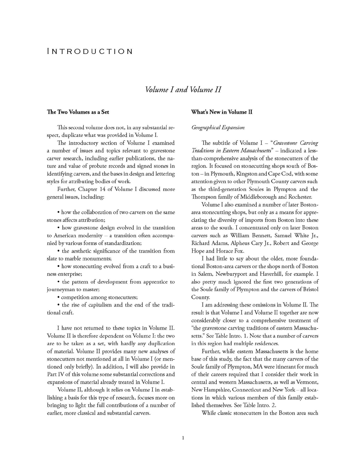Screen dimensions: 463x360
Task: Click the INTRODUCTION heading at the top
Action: tap(90, 51)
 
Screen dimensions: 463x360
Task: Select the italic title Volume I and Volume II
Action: tap(183, 90)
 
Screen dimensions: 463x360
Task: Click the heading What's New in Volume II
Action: tap(222, 112)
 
